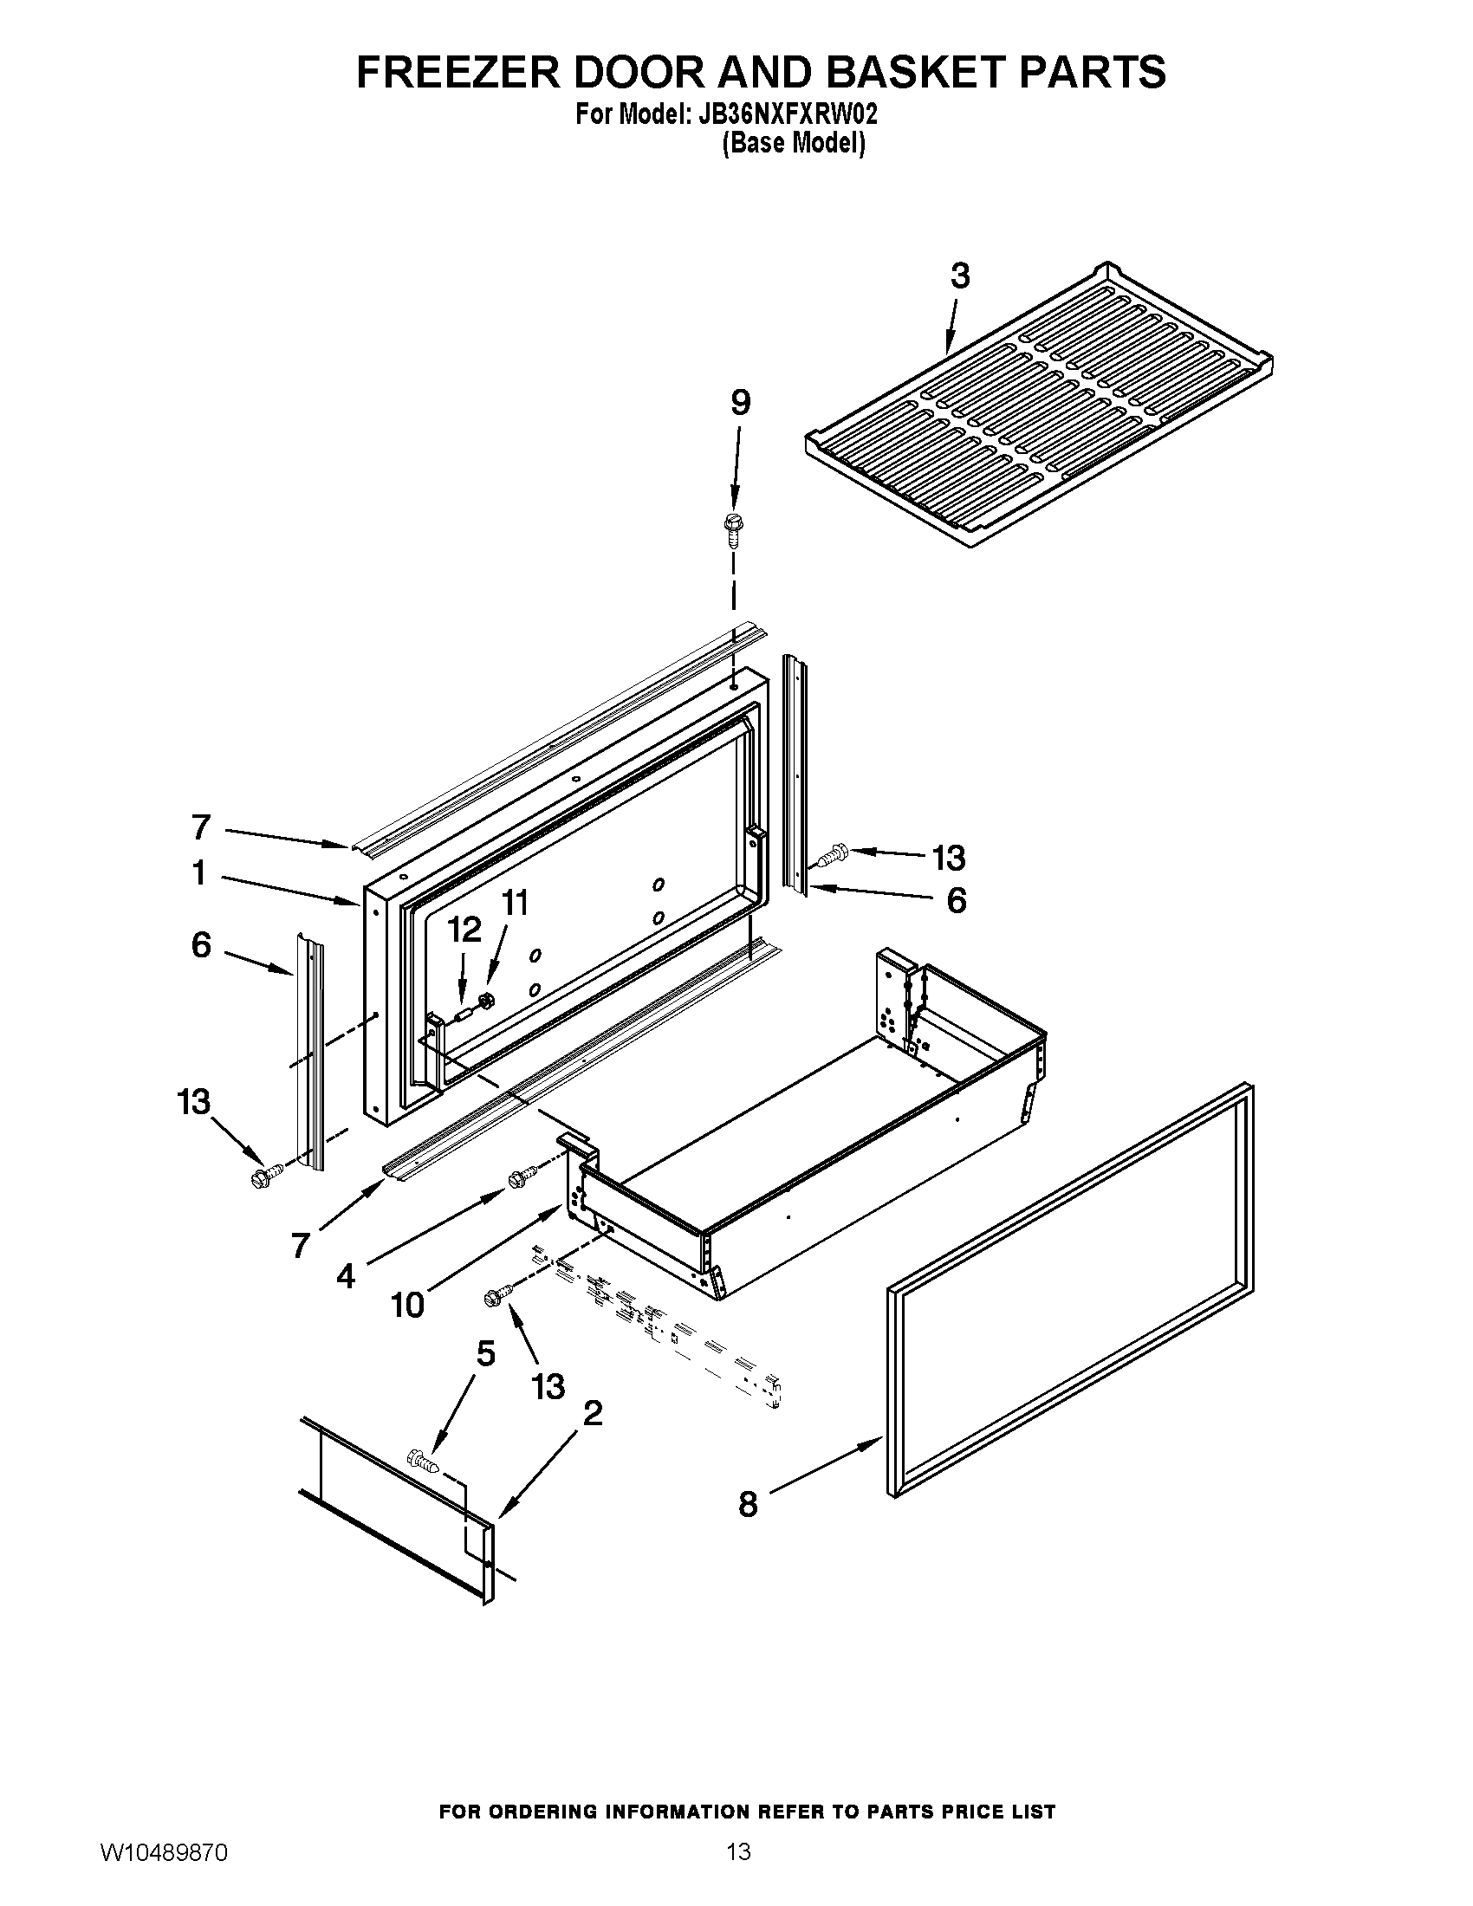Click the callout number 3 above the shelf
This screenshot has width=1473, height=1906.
(959, 276)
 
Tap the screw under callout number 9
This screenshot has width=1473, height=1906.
(732, 527)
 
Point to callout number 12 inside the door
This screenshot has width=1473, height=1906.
(464, 930)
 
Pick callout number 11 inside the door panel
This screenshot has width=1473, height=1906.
(515, 903)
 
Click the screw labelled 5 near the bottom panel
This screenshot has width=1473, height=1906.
(422, 1458)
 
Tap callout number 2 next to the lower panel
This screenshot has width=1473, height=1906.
(592, 1413)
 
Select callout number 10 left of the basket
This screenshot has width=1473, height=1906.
(407, 1305)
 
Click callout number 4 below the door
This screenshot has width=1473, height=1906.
(346, 1277)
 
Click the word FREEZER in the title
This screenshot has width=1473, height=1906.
(457, 72)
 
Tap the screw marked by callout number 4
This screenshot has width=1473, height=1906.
(519, 1178)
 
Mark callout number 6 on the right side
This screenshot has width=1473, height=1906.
(957, 900)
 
